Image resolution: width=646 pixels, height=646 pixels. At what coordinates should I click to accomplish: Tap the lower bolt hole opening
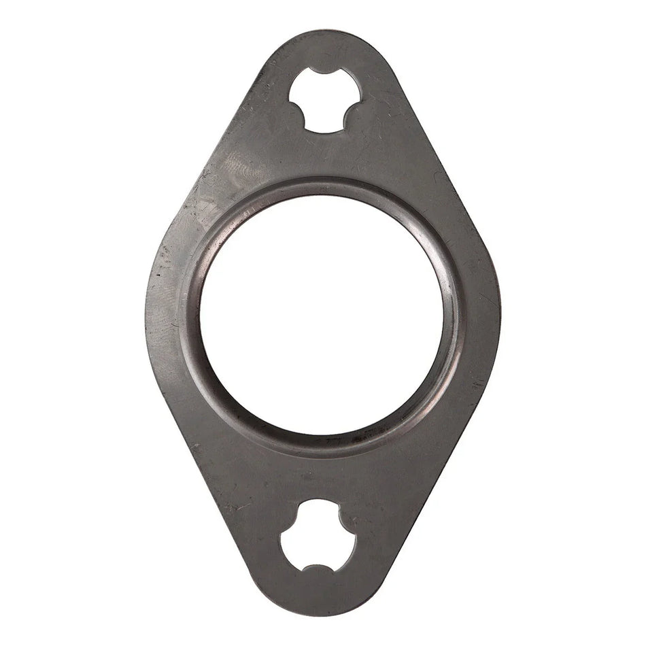318,534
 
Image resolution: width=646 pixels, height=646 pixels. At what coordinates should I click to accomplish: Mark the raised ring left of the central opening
192,314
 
